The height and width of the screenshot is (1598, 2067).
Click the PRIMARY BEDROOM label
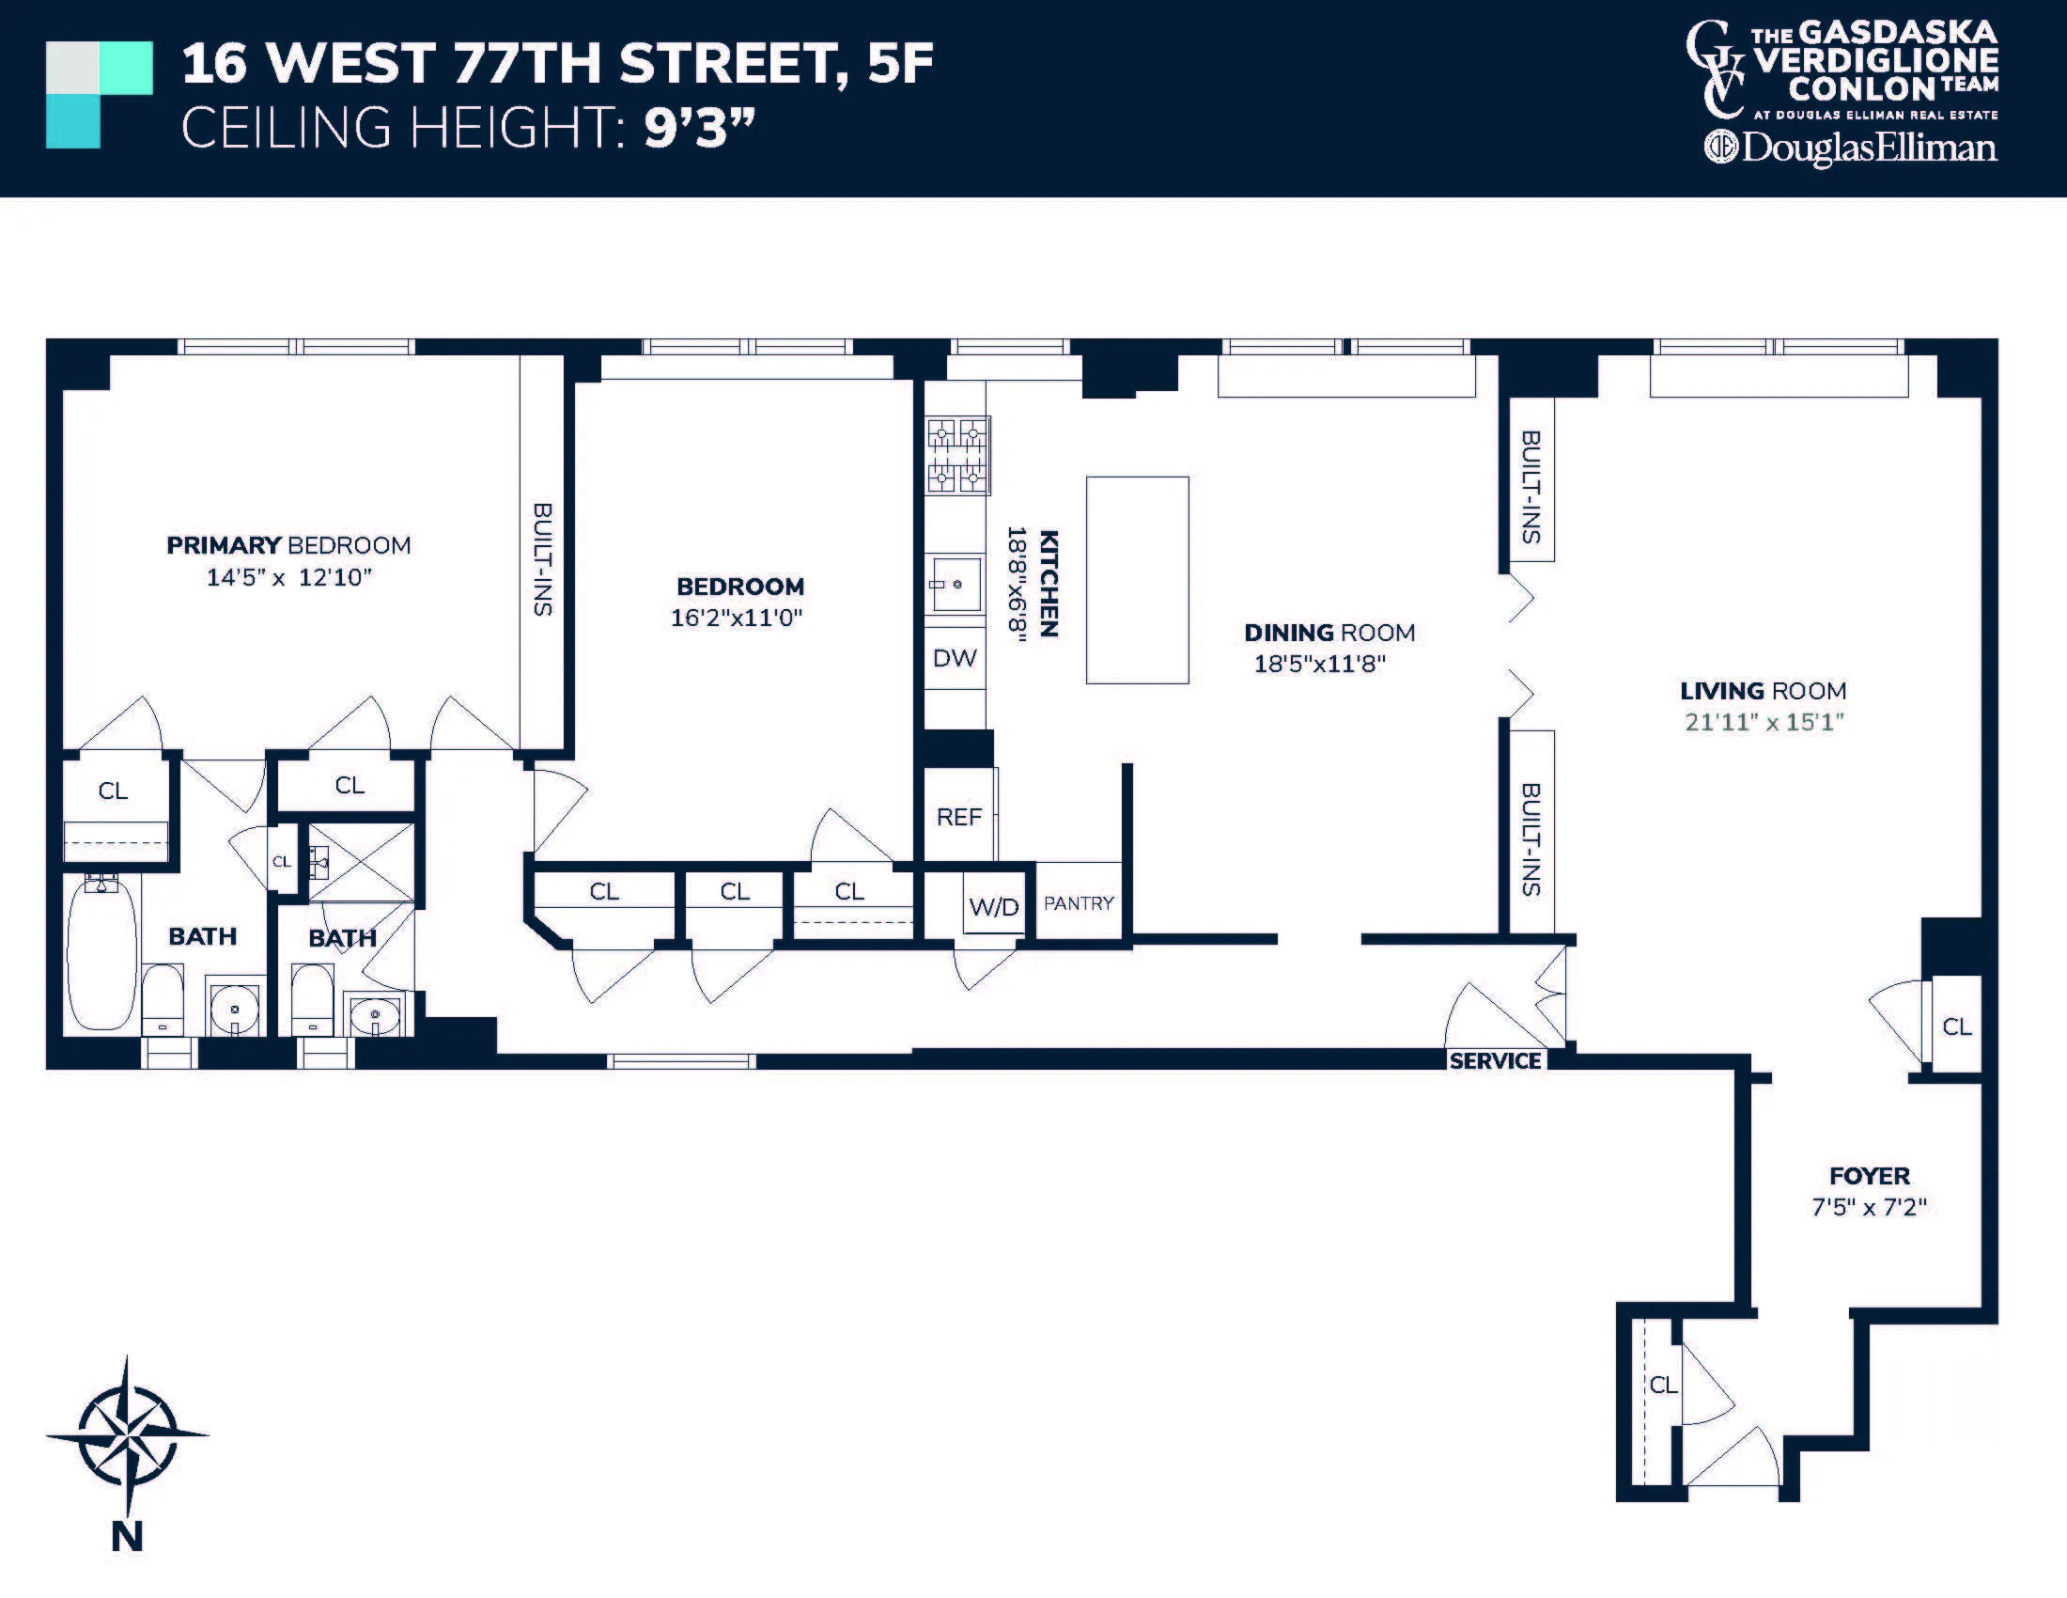pyautogui.click(x=288, y=545)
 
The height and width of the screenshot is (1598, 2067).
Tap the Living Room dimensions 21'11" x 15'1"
pyautogui.click(x=1764, y=722)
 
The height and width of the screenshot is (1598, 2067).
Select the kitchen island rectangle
pyautogui.click(x=1137, y=579)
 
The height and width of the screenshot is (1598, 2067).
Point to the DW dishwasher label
pyautogui.click(x=954, y=658)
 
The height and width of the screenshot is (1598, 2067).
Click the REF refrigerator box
pyautogui.click(x=958, y=816)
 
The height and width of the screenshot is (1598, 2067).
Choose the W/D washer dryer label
pyautogui.click(x=994, y=907)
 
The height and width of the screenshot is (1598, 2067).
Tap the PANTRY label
pyautogui.click(x=1079, y=903)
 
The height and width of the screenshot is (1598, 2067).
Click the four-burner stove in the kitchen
pyautogui.click(x=957, y=455)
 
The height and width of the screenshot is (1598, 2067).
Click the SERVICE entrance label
pyautogui.click(x=1495, y=1061)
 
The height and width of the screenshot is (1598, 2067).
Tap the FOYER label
pyautogui.click(x=1869, y=1176)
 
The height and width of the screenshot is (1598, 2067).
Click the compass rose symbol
pyautogui.click(x=127, y=1434)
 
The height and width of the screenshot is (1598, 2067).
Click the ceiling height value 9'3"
pyautogui.click(x=698, y=128)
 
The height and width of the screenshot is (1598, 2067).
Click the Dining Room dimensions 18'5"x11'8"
pyautogui.click(x=1319, y=664)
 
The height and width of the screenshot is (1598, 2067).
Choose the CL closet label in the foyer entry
pyautogui.click(x=1663, y=1385)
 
